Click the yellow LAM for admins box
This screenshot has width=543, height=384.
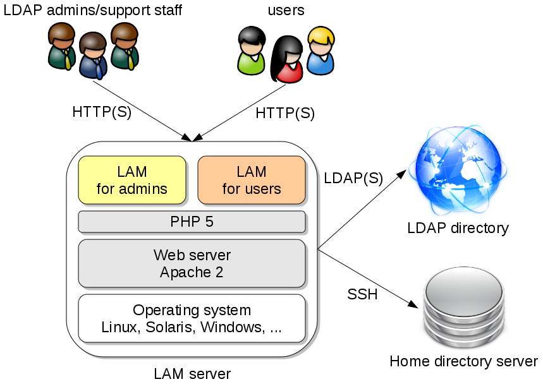click(x=132, y=180)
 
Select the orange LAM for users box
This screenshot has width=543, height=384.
click(x=252, y=180)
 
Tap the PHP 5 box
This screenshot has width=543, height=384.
click(x=192, y=222)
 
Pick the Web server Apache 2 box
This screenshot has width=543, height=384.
click(x=192, y=263)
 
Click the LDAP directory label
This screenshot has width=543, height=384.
click(x=458, y=228)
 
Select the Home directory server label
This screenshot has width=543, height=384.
click(x=463, y=362)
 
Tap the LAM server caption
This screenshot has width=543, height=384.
click(x=192, y=373)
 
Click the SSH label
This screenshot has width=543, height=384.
click(x=362, y=294)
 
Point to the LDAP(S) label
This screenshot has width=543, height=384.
click(x=353, y=178)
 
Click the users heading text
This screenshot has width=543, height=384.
click(x=286, y=10)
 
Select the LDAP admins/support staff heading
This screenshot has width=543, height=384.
click(x=93, y=10)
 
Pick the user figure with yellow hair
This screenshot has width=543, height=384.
click(x=320, y=51)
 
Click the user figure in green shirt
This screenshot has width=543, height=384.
click(x=250, y=50)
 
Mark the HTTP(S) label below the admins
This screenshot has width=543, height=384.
click(x=102, y=112)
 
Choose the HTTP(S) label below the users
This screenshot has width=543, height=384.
click(x=285, y=113)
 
